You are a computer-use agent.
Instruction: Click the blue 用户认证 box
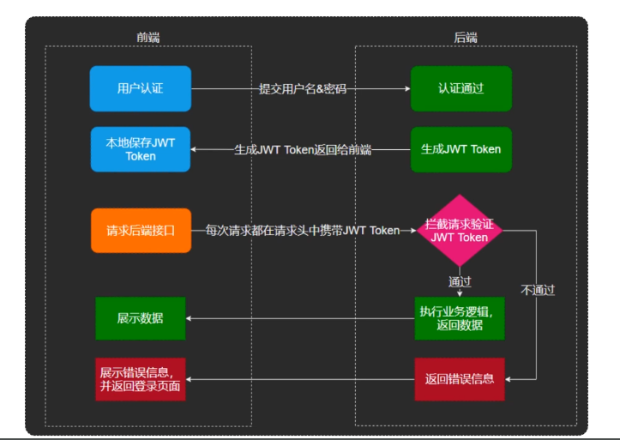140,88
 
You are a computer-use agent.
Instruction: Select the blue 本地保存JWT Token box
140,149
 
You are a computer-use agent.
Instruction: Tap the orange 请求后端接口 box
141,230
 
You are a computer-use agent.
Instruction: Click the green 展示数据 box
140,318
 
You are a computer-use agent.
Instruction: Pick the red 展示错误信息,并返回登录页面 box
140,378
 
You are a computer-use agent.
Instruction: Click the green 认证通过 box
460,88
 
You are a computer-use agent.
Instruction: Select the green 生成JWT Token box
460,149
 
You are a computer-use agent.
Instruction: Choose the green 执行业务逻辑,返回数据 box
460,318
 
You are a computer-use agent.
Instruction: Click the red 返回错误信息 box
460,378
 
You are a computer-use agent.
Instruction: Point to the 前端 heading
147,37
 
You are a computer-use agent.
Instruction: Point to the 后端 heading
466,37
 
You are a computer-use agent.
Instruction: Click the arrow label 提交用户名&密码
303,88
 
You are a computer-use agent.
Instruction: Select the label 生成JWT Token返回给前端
302,149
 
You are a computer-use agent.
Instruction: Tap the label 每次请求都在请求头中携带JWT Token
302,230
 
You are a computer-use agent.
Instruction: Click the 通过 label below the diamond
460,280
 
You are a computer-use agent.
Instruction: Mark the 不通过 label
538,290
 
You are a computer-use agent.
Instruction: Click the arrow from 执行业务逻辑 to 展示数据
300,318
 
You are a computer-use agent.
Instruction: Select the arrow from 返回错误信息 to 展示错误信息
300,378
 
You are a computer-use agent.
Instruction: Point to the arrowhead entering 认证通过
406,88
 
